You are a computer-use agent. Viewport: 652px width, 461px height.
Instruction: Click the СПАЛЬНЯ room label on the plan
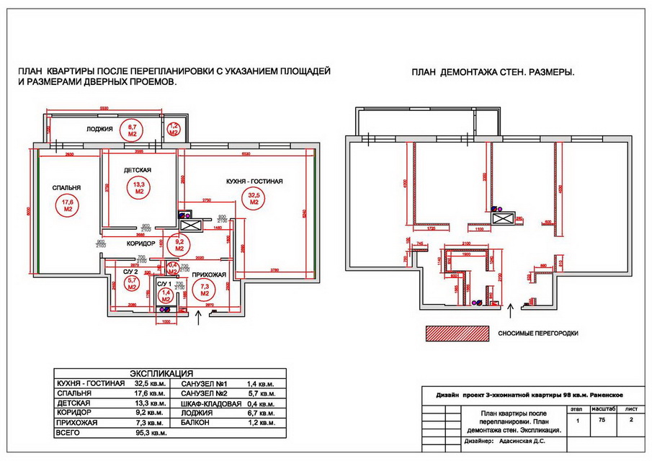[66, 187]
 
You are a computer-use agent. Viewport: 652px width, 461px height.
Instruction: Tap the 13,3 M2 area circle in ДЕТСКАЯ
[138, 189]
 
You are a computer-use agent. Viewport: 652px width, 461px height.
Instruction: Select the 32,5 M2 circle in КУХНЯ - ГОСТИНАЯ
[254, 199]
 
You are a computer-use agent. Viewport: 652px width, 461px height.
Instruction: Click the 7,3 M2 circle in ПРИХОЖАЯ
[205, 290]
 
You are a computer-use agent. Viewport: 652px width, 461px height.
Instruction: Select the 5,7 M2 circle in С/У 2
[132, 284]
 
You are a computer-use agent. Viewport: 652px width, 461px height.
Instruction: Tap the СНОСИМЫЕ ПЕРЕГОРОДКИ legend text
[539, 334]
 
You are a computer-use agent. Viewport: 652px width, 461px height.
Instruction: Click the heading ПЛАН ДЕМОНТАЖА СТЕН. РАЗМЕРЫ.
[497, 73]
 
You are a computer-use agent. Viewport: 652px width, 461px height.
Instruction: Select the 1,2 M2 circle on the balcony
[173, 130]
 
